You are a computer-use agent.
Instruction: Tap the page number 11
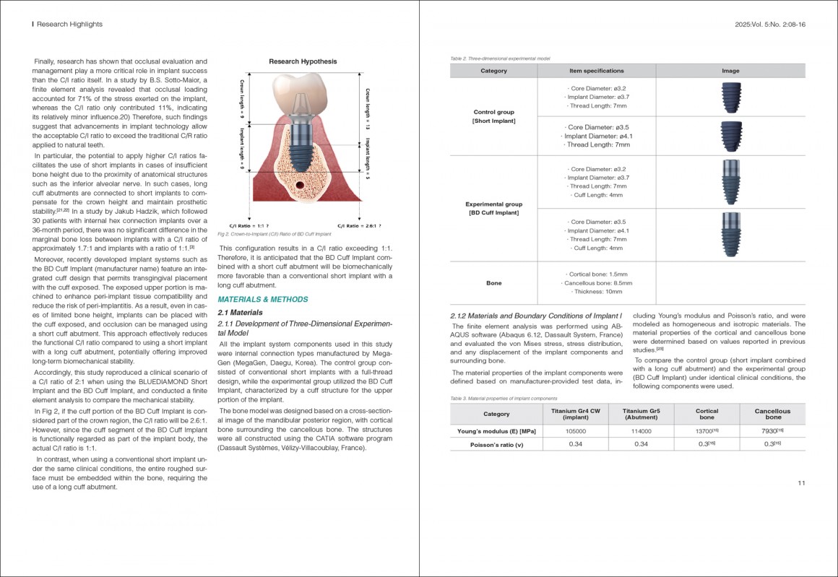[x=801, y=483]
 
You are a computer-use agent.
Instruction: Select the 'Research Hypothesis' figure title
[x=303, y=61]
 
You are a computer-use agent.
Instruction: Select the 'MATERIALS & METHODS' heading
[x=263, y=299]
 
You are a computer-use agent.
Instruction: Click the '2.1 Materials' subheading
[x=241, y=313]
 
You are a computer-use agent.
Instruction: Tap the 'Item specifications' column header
[x=596, y=71]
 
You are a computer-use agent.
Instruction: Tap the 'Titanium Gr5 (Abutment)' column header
[x=641, y=414]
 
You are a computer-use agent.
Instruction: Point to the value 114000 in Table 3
[x=641, y=430]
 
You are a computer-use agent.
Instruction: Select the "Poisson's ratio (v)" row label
[x=493, y=443]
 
